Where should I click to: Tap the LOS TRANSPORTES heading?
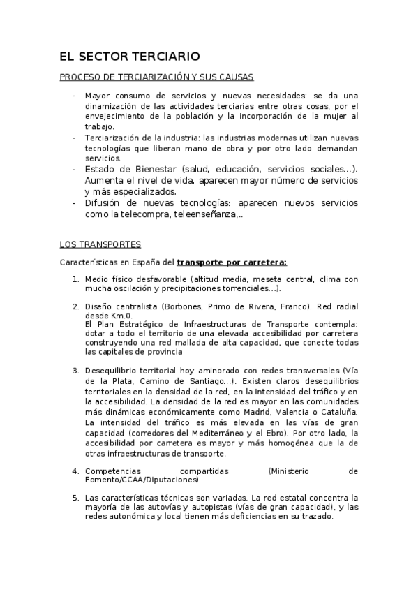coord(100,244)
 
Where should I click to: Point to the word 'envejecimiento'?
coord(115,116)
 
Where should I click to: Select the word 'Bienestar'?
coord(149,169)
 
